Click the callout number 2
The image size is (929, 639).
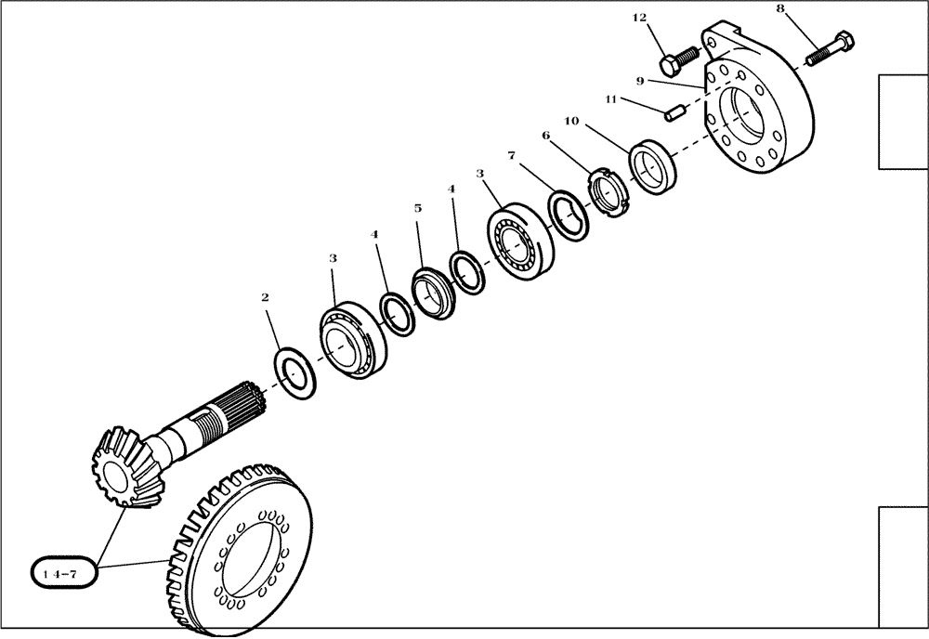[265, 298]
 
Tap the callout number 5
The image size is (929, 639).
[418, 209]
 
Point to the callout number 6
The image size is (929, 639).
[545, 136]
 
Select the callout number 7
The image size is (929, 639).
[511, 154]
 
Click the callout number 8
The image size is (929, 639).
[779, 9]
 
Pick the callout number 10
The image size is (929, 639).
[571, 122]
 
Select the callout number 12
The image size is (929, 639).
[665, 18]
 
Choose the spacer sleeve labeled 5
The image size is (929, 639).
[432, 291]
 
